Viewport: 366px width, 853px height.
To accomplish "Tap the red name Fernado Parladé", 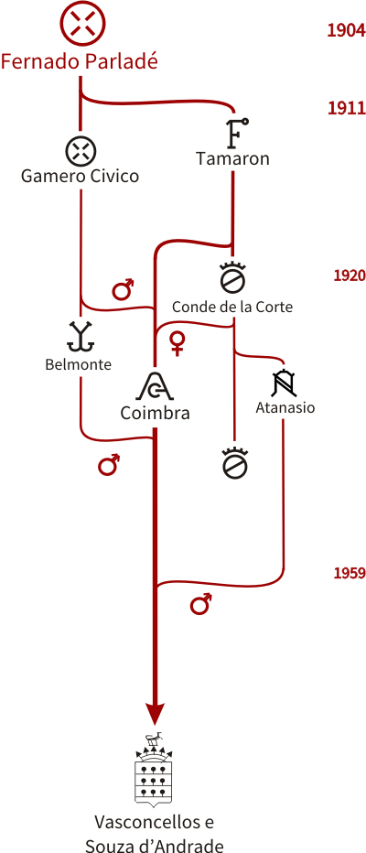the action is (80, 62).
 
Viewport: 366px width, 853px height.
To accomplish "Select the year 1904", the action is (346, 30).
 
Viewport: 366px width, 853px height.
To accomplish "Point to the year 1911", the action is (346, 108).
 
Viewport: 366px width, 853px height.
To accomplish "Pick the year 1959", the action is (350, 573).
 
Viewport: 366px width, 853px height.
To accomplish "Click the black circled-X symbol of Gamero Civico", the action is (81, 149).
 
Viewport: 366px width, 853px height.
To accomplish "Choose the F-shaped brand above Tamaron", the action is (235, 133).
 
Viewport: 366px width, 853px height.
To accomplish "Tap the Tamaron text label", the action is (232, 159).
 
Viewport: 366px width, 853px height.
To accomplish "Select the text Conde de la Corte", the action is (232, 307).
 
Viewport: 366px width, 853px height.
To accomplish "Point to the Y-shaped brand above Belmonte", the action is (81, 336).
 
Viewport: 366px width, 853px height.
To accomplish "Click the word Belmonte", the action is (79, 364).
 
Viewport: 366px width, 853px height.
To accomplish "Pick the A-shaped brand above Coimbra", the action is (155, 385).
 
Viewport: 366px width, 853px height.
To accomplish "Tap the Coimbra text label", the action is (155, 413).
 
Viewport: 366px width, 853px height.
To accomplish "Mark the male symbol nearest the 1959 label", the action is (200, 604).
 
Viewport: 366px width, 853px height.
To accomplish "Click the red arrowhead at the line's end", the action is (155, 713).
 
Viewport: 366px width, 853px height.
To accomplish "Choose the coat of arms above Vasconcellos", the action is (155, 769).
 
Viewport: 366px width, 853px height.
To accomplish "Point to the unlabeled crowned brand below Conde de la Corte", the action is (234, 462).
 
